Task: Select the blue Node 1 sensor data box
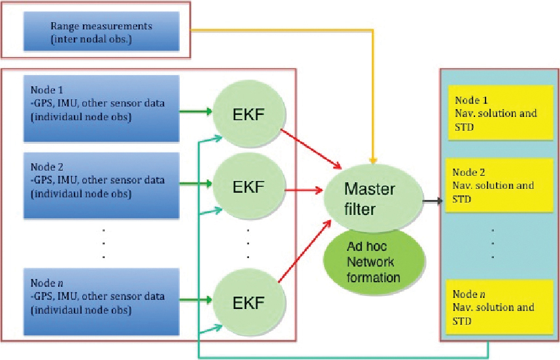click(101, 108)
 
